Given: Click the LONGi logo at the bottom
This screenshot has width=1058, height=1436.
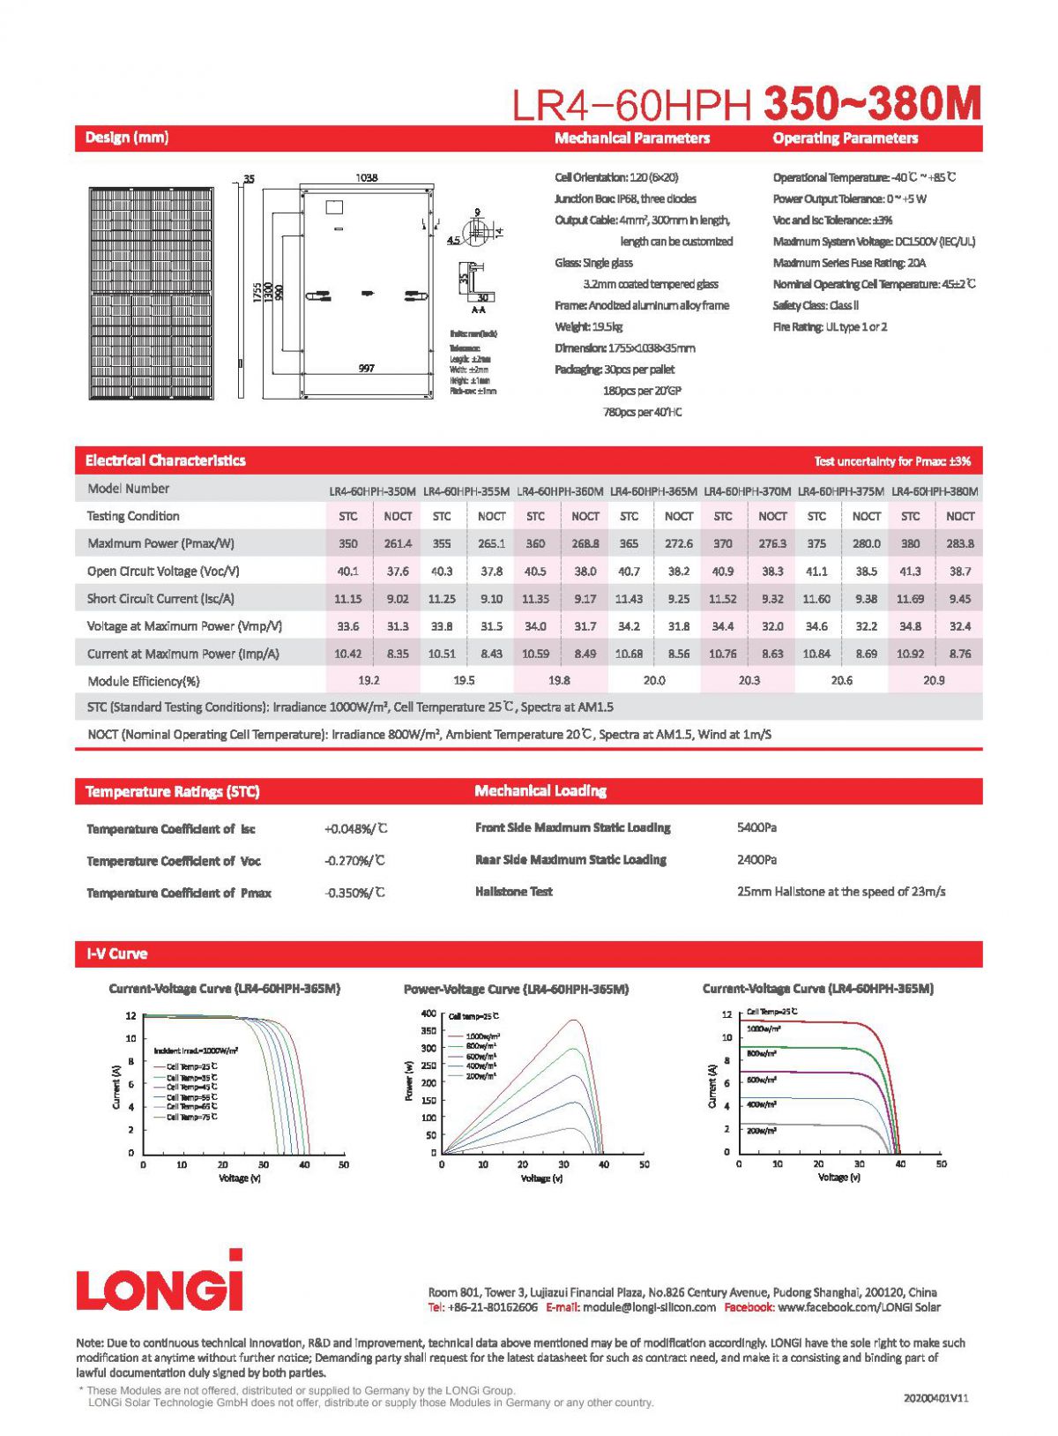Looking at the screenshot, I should click(160, 1282).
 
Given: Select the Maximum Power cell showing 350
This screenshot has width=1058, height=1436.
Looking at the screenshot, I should click(348, 544).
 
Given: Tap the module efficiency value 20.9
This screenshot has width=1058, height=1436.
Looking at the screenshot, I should click(934, 681).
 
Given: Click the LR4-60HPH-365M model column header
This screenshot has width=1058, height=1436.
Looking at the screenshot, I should click(653, 491).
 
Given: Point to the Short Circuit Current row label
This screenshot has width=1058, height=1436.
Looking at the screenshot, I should click(160, 599).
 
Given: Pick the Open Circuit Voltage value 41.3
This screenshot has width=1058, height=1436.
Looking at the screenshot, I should click(910, 572).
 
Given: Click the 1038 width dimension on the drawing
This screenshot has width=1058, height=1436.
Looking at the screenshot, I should click(367, 178).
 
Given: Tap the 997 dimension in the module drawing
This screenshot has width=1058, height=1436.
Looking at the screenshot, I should click(367, 369).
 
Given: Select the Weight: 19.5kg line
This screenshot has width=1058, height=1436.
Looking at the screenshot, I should click(589, 327).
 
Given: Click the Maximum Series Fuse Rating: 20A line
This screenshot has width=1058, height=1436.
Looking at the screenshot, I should click(849, 263).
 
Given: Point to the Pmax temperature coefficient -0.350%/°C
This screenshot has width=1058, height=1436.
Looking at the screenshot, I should click(355, 894).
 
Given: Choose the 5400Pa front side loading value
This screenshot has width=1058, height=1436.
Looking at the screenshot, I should click(756, 828).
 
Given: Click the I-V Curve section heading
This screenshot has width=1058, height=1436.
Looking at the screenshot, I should click(117, 954).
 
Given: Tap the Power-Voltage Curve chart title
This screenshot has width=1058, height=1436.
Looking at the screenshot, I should click(516, 990).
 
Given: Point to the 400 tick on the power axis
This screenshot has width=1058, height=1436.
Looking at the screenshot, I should click(428, 1013).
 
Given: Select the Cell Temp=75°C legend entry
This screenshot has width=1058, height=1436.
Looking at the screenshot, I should click(191, 1118).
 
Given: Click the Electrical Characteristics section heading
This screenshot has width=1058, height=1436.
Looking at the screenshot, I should click(166, 461).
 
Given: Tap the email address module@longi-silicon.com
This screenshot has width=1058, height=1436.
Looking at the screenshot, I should click(649, 1308).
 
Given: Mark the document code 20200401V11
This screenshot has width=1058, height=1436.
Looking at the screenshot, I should click(935, 1398).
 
